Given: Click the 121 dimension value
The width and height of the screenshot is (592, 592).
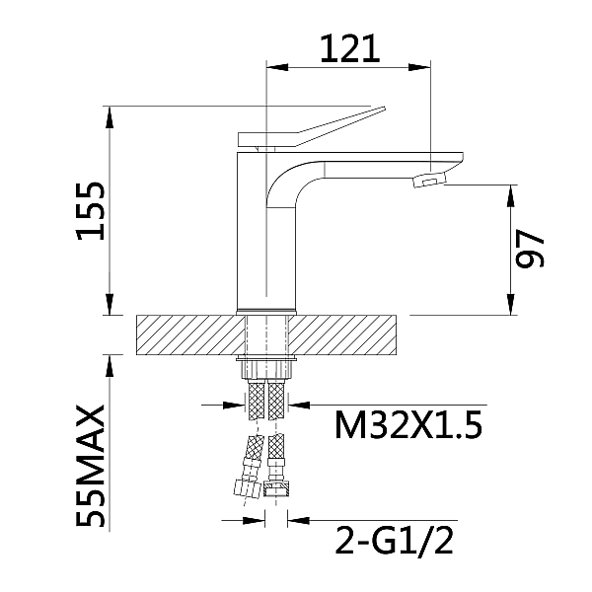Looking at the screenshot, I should tap(349, 47).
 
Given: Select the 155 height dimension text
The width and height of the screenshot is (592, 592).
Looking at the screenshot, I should tap(92, 209).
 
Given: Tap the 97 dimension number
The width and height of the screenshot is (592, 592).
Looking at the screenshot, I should tap(531, 251).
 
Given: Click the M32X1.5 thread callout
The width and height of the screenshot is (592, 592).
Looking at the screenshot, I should tap(408, 426).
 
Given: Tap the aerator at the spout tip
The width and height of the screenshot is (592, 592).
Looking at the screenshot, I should tap(429, 182).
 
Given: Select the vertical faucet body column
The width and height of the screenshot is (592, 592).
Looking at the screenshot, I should tap(266, 237).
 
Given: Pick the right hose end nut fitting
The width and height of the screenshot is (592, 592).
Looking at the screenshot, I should tap(277, 484).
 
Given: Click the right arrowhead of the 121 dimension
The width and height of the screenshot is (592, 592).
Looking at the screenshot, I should tap(424, 67).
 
